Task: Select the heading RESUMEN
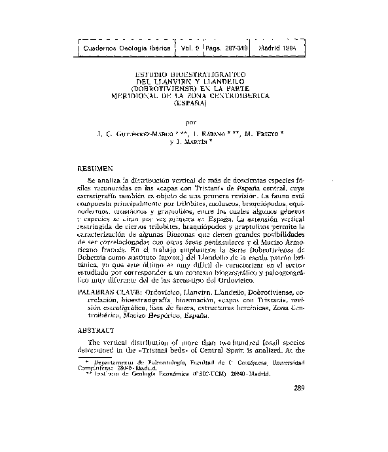pyautogui.click(x=96, y=168)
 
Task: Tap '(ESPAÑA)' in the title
pyautogui.click(x=190, y=103)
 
